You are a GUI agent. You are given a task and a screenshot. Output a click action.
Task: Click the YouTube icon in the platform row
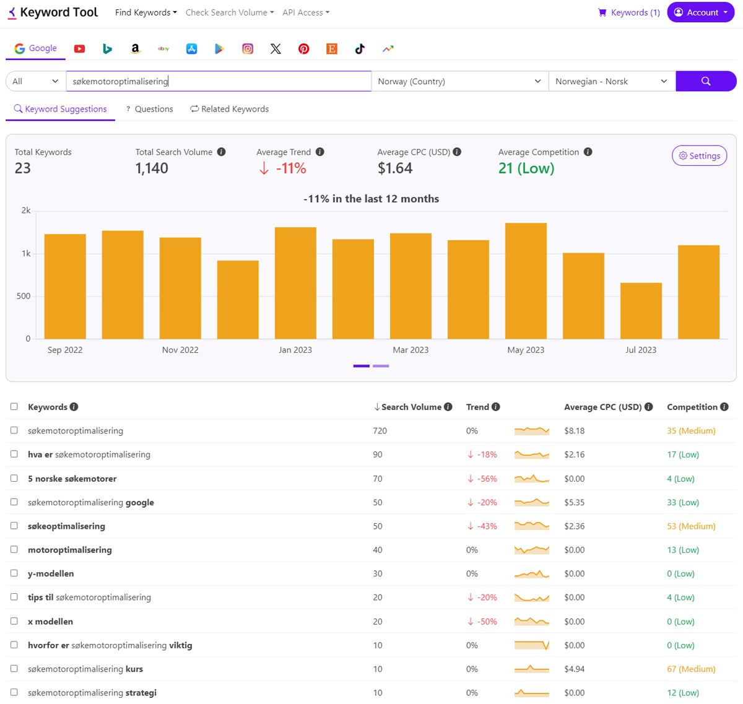[x=79, y=49]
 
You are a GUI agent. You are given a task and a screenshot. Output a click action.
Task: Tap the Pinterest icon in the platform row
[x=303, y=49]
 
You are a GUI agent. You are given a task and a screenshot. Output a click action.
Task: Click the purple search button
[x=705, y=81]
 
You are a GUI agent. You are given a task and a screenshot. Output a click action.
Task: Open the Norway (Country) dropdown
[x=459, y=81]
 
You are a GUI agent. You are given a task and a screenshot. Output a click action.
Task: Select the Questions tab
[x=149, y=109]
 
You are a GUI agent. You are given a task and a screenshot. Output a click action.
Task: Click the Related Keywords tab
[x=229, y=109]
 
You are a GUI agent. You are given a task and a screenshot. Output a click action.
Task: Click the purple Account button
[x=700, y=12]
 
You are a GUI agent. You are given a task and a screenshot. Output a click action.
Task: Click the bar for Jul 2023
[x=641, y=311]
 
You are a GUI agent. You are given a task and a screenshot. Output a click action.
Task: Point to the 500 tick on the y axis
[x=24, y=296]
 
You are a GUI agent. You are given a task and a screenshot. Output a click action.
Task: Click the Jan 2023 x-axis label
[x=295, y=350]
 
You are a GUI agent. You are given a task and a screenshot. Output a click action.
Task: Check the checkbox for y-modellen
[x=14, y=573]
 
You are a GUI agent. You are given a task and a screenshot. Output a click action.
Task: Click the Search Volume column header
[x=411, y=407]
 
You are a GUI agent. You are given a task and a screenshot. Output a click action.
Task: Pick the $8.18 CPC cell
[x=574, y=431]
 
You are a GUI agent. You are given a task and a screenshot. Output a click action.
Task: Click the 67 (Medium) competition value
[x=690, y=669]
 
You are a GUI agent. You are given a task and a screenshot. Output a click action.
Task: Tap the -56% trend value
[x=487, y=479]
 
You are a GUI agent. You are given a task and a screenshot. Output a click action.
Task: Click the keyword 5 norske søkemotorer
[x=72, y=479]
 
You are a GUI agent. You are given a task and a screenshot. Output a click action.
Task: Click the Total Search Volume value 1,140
[x=152, y=168]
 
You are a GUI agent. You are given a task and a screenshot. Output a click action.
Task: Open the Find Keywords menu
[x=146, y=12]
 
